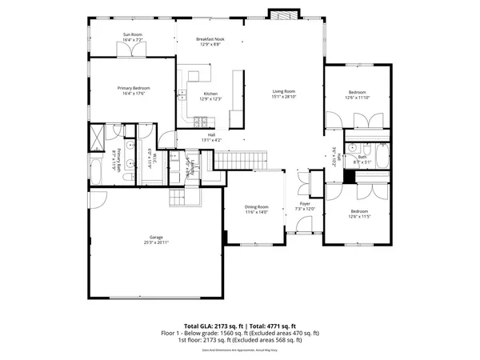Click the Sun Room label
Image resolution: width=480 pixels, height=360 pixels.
pos(132,34)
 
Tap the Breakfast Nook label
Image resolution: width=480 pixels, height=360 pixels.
pos(211,38)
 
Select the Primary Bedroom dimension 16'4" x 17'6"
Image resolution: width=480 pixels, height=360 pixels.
pos(134,93)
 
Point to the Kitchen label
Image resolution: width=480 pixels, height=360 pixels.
pos(211,94)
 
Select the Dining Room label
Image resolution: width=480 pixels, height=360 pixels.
pos(256,207)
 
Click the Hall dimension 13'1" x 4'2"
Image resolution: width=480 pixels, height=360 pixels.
pos(211,140)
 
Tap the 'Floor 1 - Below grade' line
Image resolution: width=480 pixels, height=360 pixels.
pos(240,333)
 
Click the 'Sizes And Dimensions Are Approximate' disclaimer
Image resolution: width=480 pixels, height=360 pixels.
pos(240,350)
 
